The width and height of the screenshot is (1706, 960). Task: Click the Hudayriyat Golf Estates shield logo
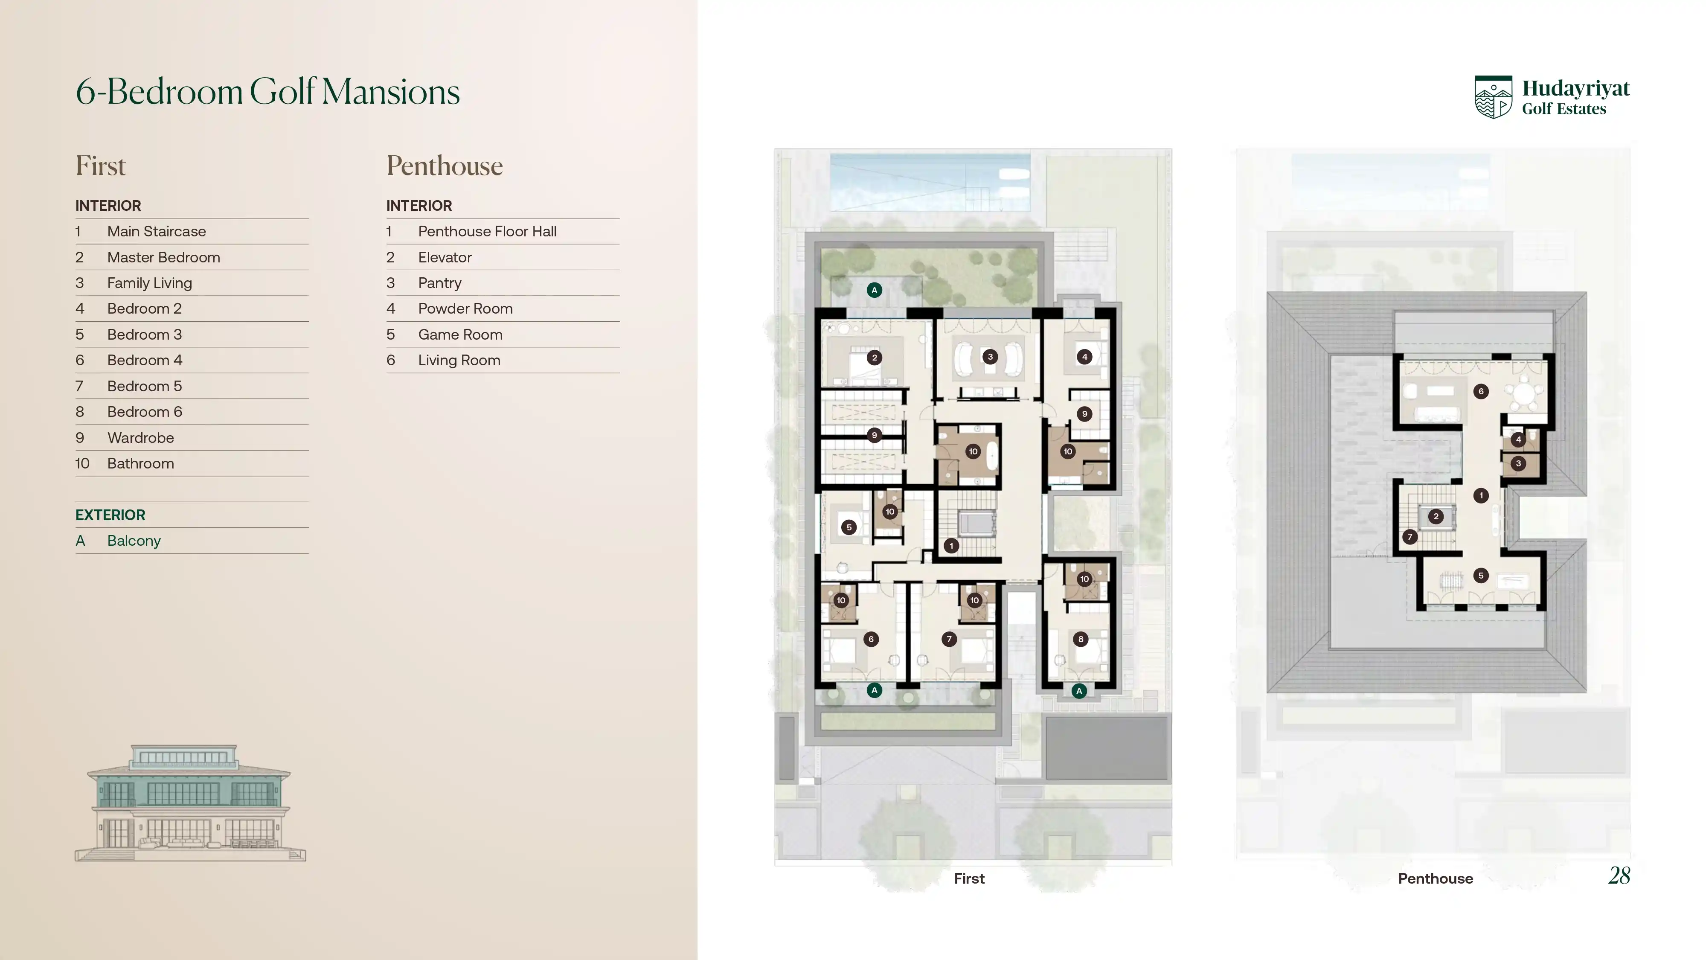click(x=1494, y=97)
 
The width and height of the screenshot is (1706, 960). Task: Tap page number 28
click(x=1619, y=876)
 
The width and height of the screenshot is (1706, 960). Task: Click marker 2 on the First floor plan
click(x=874, y=358)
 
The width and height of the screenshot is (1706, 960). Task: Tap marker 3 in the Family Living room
click(x=990, y=356)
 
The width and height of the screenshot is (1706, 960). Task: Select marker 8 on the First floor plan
click(x=1081, y=639)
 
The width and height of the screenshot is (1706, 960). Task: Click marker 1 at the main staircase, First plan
click(x=951, y=546)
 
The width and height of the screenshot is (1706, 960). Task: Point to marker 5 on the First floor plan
click(x=849, y=527)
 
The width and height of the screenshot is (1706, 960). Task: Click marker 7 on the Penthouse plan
click(x=1410, y=537)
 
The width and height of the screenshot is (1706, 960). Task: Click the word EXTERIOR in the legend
click(x=110, y=515)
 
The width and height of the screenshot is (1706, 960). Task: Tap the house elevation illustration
click(x=190, y=803)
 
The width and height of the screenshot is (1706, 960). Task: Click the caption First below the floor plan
click(x=969, y=879)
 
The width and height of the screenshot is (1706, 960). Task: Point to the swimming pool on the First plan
click(x=930, y=182)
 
